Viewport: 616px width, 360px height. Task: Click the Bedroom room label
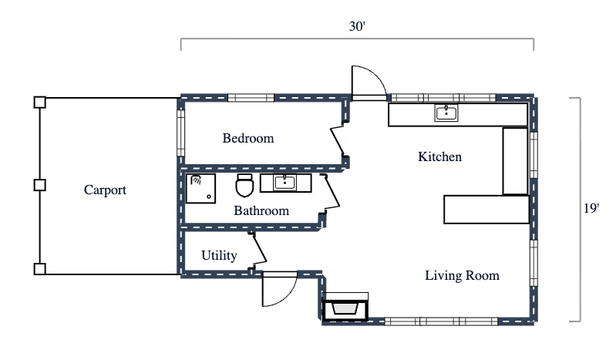248,139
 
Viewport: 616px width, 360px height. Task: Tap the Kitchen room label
439,157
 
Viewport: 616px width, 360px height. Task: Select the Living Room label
462,275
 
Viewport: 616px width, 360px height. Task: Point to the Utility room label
219,256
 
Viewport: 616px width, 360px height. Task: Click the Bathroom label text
261,210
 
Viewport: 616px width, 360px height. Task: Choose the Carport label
105,190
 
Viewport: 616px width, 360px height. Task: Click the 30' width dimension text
356,26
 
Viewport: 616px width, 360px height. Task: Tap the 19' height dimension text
591,208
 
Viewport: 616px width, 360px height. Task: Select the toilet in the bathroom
244,186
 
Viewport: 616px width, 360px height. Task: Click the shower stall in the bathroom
200,187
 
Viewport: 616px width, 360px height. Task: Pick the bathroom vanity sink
284,183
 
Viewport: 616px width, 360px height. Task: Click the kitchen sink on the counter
446,113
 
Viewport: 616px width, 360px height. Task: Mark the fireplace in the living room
345,308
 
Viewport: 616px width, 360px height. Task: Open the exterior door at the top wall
369,82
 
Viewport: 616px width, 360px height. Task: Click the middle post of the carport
40,185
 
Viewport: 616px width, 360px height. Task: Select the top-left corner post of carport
40,102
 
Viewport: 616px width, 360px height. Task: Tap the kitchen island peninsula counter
486,209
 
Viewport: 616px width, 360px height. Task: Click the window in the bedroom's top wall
251,98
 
